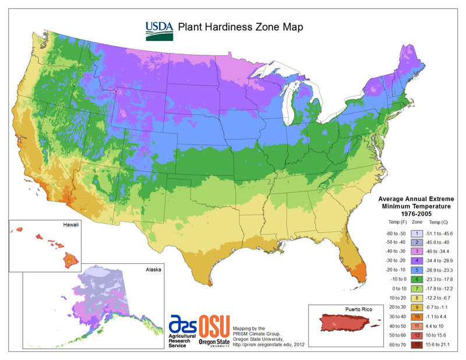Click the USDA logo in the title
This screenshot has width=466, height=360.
tap(158, 30)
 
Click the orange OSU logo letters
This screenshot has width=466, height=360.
tap(215, 327)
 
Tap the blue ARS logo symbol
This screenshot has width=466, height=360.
tap(182, 325)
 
